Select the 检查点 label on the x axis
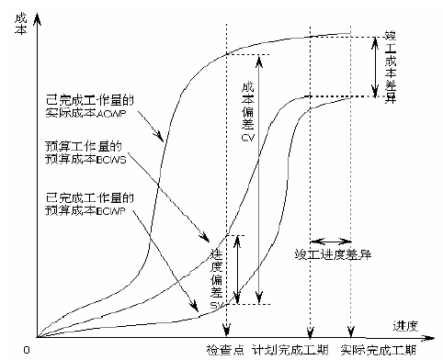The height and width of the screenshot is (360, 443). [x=227, y=351]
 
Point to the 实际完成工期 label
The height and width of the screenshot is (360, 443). [x=378, y=351]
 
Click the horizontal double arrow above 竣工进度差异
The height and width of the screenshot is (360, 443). [x=330, y=234]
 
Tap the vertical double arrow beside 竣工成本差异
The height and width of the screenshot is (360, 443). [x=373, y=66]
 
